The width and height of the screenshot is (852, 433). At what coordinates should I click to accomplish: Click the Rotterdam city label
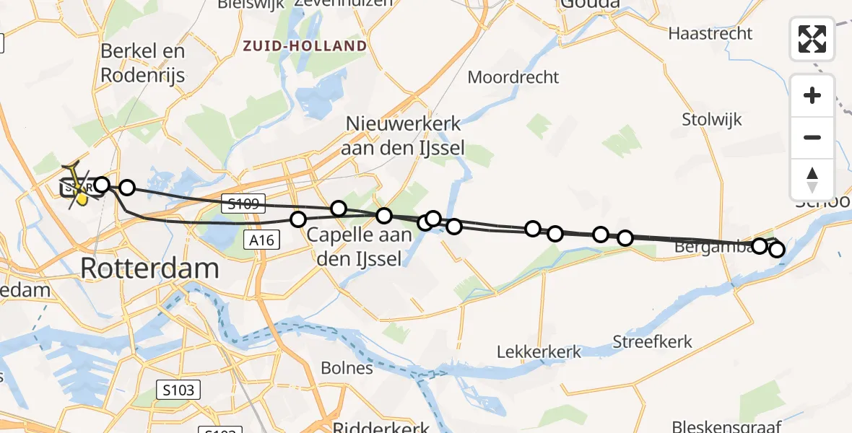click(149, 268)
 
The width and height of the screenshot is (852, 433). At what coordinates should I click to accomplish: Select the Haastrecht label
click(710, 33)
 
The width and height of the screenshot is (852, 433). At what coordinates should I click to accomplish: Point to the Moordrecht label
click(513, 76)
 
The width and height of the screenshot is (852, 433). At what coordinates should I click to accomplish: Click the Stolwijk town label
click(712, 120)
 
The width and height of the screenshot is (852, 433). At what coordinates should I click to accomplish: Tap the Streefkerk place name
click(652, 341)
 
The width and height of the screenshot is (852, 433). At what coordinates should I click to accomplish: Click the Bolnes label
click(348, 368)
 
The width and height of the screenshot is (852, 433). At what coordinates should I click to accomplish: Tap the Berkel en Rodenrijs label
click(143, 64)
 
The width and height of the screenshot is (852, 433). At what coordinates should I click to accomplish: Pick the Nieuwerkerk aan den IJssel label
click(404, 136)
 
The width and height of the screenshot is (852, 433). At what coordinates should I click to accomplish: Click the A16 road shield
click(261, 240)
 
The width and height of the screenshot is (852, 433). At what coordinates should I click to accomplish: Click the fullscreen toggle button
click(812, 39)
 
